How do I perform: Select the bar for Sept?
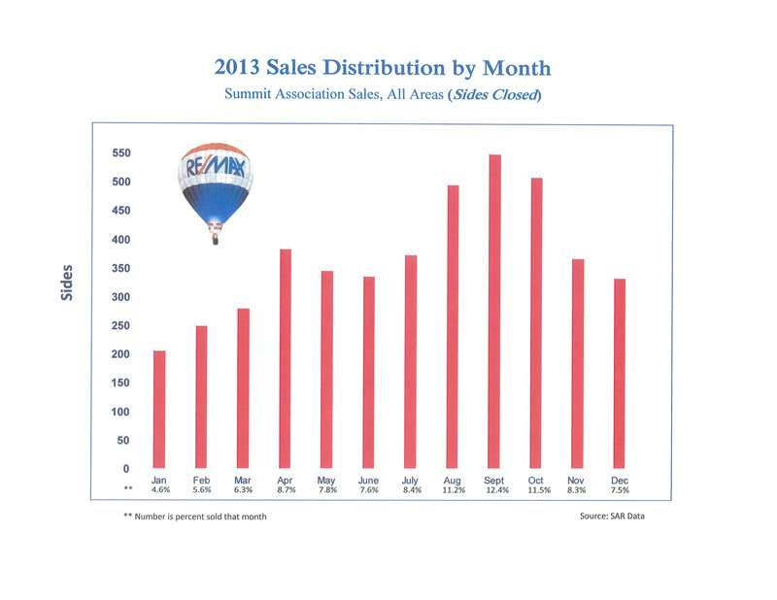pos(494,312)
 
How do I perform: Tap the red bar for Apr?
pos(285,359)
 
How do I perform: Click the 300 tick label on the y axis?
pos(118,297)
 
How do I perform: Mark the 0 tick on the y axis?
pos(125,469)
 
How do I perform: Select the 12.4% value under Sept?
pos(494,490)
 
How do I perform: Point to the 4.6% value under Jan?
pos(159,490)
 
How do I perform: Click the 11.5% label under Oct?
pos(537,490)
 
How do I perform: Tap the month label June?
pos(368,480)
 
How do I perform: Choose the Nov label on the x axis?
pos(578,480)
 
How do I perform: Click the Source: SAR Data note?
pos(611,516)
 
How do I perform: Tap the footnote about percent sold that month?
pos(194,517)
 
